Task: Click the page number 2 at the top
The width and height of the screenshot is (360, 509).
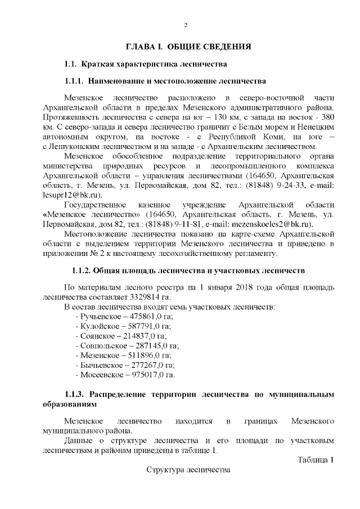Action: [x=186, y=25]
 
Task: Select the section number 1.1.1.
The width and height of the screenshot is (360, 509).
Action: [x=75, y=80]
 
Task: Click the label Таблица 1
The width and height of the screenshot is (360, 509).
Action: [x=316, y=460]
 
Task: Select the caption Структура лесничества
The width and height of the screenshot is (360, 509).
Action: [x=188, y=470]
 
